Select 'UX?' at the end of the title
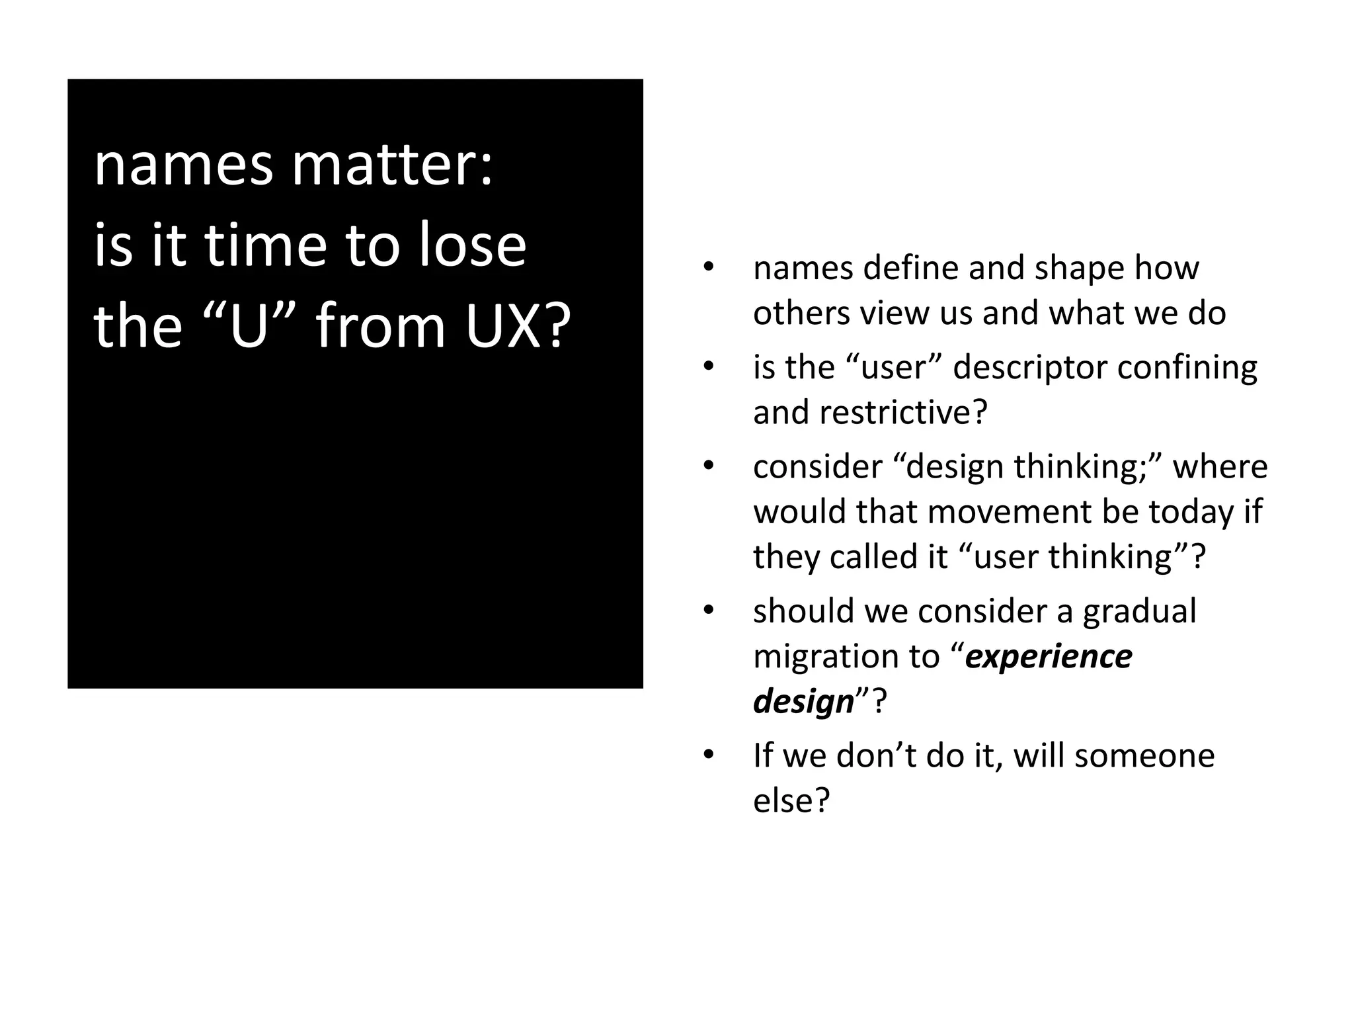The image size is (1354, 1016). (x=518, y=325)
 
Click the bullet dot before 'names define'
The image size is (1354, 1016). (x=709, y=268)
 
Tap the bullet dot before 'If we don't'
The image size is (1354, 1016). (x=709, y=755)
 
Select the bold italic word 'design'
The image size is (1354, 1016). (x=803, y=701)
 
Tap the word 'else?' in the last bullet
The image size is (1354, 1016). (x=791, y=800)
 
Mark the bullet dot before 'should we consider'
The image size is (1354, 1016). (x=709, y=611)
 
